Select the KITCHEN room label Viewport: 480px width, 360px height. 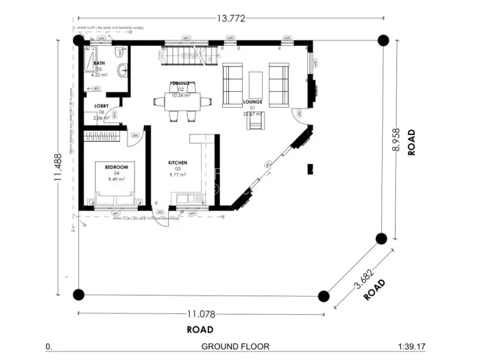coord(178,163)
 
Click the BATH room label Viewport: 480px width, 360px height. coord(99,63)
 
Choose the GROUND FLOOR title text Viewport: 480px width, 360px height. coord(235,347)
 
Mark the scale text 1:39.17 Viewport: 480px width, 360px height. coord(411,347)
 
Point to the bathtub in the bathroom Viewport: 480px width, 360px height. coord(88,64)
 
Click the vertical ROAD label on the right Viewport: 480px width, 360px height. coord(412,142)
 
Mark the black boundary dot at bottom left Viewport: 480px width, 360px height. coord(79,295)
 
